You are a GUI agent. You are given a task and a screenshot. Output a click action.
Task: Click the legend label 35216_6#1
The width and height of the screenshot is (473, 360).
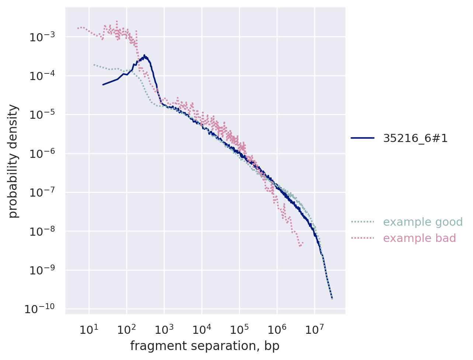(x=415, y=138)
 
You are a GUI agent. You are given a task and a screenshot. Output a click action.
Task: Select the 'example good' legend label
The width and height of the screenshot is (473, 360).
(x=422, y=222)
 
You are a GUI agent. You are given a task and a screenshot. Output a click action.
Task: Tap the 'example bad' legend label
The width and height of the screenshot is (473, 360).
(x=419, y=238)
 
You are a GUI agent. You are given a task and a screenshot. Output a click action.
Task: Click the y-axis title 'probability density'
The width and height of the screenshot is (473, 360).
(x=13, y=161)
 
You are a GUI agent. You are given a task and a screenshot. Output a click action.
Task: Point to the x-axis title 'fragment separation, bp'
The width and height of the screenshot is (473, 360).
(x=205, y=346)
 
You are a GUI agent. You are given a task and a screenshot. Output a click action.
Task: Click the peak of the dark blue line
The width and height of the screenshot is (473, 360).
(x=144, y=55)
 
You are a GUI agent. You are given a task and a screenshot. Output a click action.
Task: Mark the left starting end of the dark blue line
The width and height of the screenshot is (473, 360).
(x=103, y=84)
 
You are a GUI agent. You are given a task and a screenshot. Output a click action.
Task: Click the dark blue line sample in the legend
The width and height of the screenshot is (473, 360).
(x=362, y=138)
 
